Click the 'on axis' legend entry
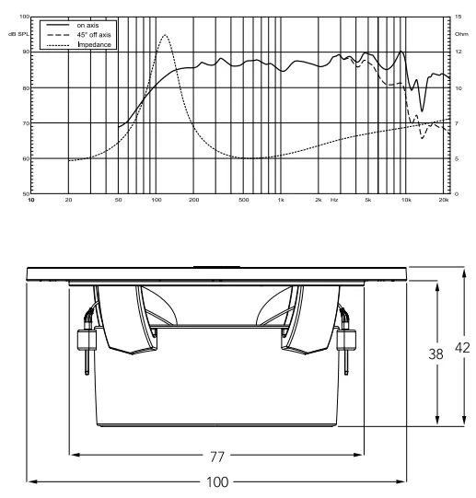tap(87, 26)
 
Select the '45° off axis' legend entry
tap(94, 35)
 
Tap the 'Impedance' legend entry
tap(95, 45)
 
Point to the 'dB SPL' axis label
tap(18, 34)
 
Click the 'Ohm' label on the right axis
tap(461, 34)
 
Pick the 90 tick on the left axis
tap(25, 52)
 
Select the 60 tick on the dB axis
tap(25, 159)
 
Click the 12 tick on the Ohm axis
tap(459, 52)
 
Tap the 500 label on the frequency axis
tap(243, 200)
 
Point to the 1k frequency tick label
tap(281, 200)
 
